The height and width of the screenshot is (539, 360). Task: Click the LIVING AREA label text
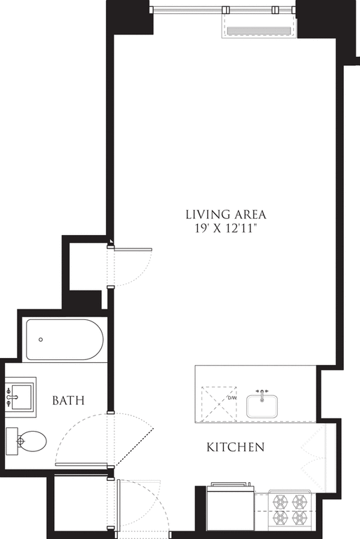pos(226,214)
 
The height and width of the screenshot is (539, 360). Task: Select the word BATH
pos(69,401)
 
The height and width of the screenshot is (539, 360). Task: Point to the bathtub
pos(65,340)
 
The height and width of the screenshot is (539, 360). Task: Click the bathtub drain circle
pos(41,340)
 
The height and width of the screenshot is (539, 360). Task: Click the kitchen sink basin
pos(262,406)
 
